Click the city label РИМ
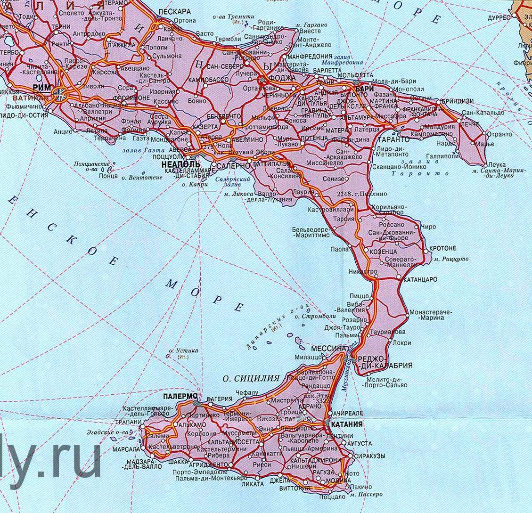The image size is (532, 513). click(41, 88)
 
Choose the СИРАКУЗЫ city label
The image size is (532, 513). click(370, 456)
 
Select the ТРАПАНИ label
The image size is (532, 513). click(127, 422)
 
